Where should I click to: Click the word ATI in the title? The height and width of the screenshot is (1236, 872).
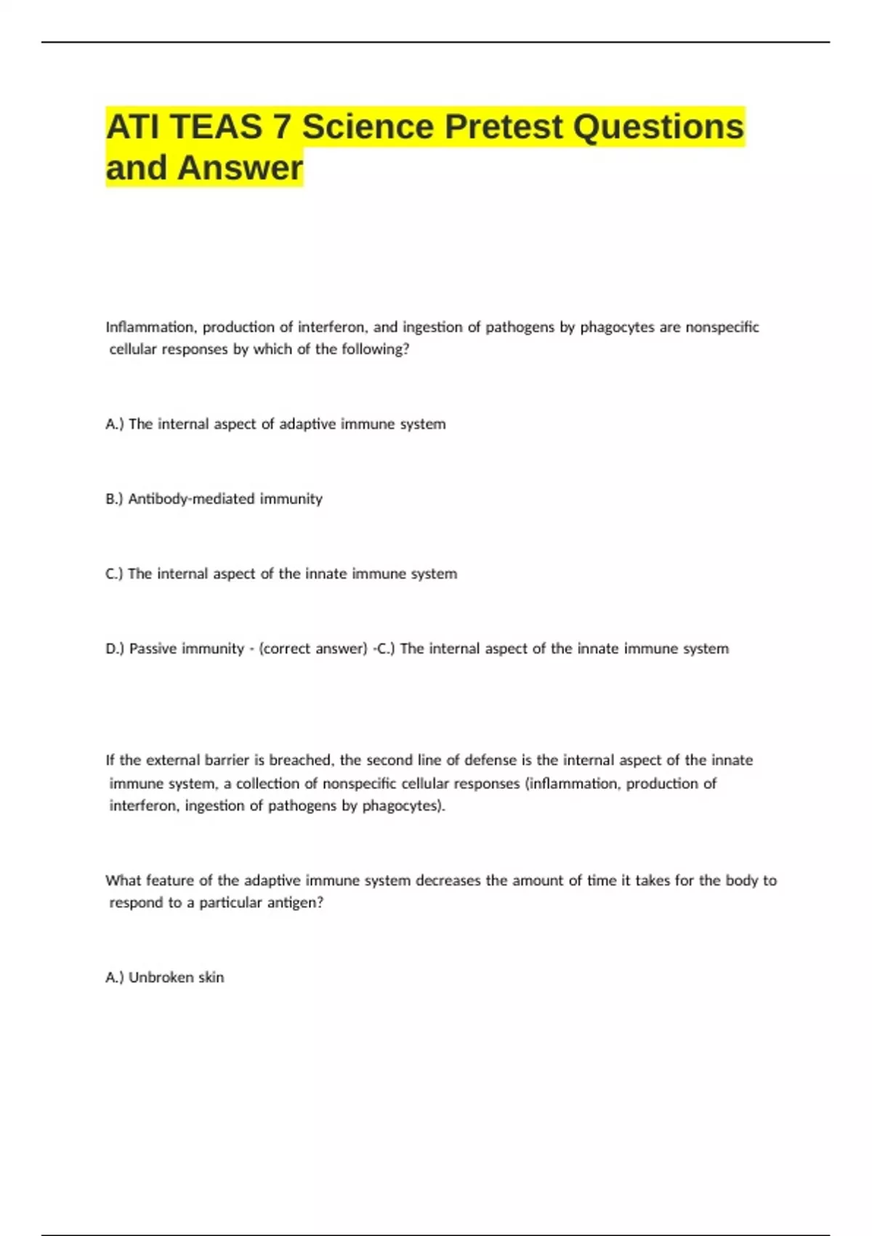[x=134, y=127]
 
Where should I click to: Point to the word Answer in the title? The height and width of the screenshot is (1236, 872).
[x=240, y=168]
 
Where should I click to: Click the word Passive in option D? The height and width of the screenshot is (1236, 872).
[x=153, y=649]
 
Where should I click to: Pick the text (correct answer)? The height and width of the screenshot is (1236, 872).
[x=313, y=649]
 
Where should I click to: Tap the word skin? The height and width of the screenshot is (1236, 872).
[x=211, y=977]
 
